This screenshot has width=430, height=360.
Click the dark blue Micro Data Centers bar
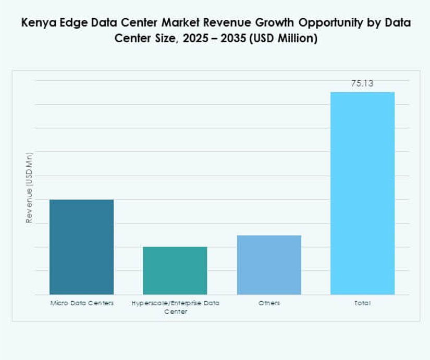81,247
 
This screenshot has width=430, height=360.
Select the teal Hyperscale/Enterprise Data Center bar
175,270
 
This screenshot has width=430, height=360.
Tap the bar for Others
269,265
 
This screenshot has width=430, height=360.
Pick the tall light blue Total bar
362,193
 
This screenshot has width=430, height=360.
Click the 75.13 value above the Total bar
362,83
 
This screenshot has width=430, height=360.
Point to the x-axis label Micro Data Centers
81,303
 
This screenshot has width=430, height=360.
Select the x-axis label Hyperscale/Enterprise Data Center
175,307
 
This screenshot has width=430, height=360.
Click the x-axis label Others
269,303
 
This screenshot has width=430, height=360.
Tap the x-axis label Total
362,303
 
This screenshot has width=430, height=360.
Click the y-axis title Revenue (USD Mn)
30,188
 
